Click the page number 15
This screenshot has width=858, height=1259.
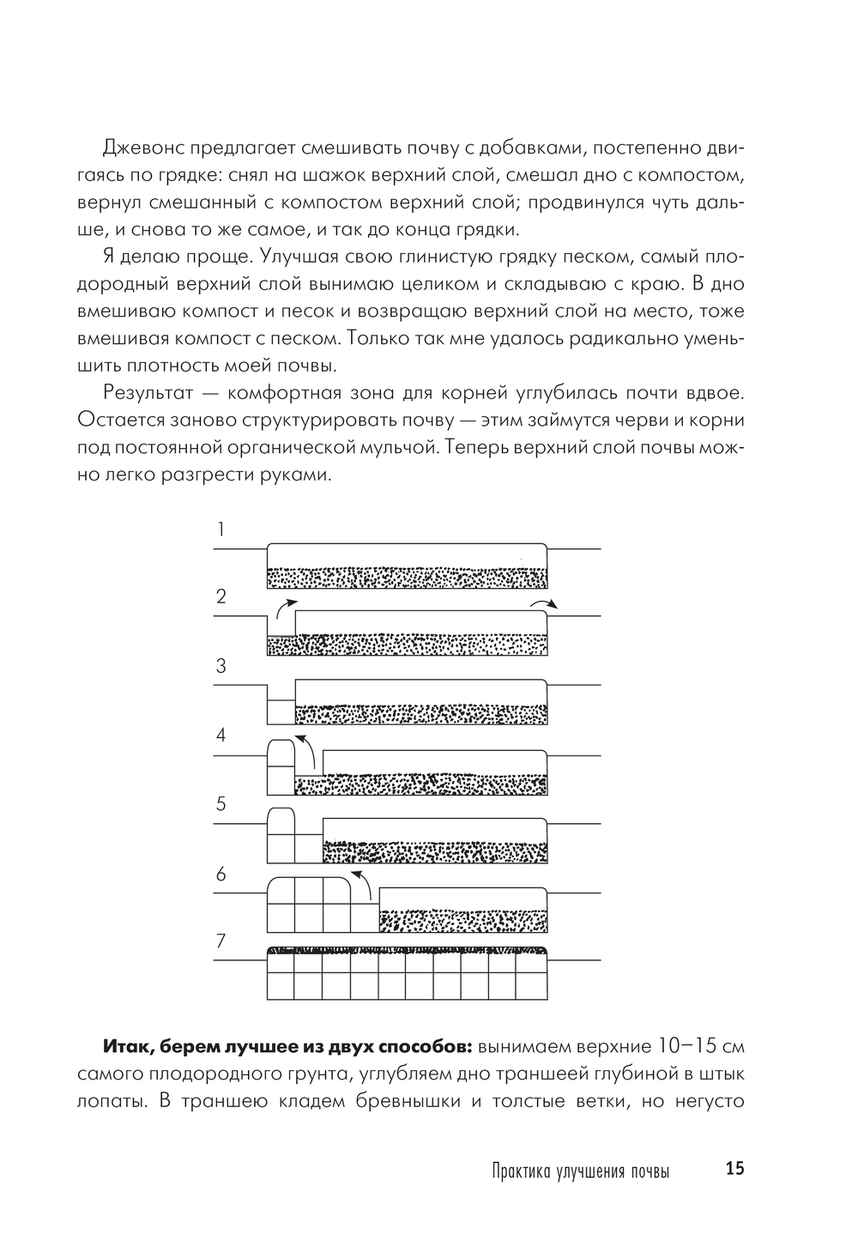point(735,1169)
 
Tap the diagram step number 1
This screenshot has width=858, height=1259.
point(221,529)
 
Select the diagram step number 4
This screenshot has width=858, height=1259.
point(221,735)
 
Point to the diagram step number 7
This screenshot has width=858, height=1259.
point(221,941)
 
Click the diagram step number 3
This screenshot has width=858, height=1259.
point(221,666)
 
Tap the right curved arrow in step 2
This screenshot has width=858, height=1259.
point(544,603)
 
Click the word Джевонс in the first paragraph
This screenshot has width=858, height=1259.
point(142,148)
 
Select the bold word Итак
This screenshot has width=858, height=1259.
point(128,1048)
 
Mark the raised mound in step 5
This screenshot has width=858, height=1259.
point(281,821)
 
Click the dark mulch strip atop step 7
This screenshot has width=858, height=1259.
point(408,951)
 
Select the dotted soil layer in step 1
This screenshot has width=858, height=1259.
point(408,578)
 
